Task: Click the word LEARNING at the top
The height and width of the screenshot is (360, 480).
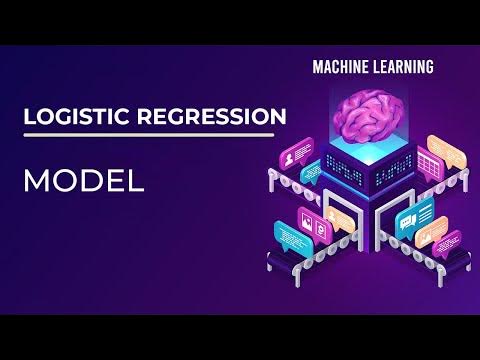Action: tap(402, 68)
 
